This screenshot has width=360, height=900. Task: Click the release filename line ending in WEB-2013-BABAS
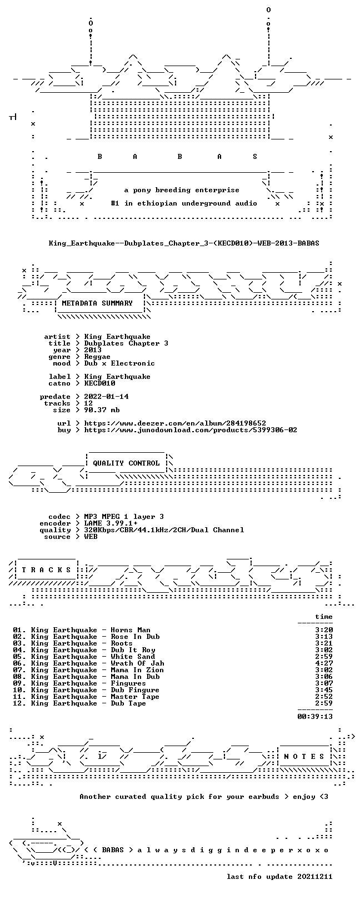(184, 243)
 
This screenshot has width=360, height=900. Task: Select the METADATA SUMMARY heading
(97, 303)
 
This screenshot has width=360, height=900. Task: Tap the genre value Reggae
(97, 357)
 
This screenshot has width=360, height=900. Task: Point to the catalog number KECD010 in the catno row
(99, 383)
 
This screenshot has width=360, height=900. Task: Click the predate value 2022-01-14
(107, 397)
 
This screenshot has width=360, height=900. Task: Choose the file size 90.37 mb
(102, 410)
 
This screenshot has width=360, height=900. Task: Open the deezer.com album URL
(175, 423)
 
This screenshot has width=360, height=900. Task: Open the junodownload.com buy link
(191, 430)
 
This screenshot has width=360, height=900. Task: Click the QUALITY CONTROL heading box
(127, 463)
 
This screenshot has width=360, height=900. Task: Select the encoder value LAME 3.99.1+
(111, 523)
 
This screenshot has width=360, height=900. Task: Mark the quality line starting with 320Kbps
(164, 530)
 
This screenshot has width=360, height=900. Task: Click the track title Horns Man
(131, 630)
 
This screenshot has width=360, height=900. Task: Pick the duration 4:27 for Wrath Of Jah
(324, 663)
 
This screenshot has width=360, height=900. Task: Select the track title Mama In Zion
(137, 670)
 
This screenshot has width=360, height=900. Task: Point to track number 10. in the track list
(19, 690)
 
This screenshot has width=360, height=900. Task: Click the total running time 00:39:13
(315, 716)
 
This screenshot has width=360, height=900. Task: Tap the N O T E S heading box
(304, 757)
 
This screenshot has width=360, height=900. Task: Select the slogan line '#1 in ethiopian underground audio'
(184, 203)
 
